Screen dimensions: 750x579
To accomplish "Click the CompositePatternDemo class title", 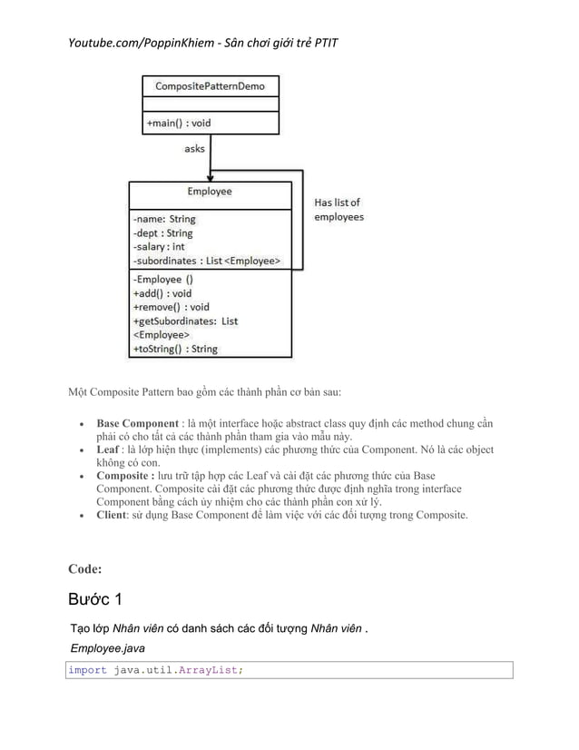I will tap(210, 87).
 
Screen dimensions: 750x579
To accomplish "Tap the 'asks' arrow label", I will tap(194, 149).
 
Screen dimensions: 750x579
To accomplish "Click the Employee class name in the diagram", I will tap(209, 192).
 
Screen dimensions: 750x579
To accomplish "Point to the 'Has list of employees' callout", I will tap(338, 210).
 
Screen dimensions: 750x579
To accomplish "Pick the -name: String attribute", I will tap(163, 219).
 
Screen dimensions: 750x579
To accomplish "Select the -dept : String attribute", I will tap(162, 233).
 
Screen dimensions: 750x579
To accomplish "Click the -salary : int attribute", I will tap(159, 247).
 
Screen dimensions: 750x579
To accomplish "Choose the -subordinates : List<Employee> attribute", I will tap(206, 262).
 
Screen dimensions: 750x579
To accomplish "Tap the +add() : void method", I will tap(162, 293).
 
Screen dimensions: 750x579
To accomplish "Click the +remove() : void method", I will tap(171, 307).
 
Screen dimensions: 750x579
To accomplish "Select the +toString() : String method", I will tap(175, 349).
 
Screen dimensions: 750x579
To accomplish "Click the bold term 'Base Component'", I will tap(136, 424).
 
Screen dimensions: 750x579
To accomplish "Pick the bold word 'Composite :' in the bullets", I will tap(127, 476).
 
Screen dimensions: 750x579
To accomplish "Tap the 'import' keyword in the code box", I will tap(88, 670).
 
